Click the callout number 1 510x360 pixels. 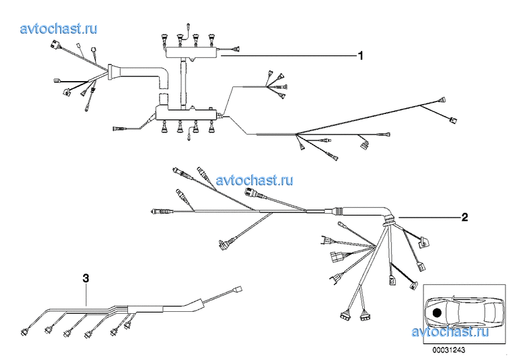click(360, 56)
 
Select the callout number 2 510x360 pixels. click(464, 217)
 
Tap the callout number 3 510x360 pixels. click(86, 278)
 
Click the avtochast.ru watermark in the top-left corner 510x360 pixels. click(59, 28)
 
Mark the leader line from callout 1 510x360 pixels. click(290, 57)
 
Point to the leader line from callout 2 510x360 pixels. click(429, 217)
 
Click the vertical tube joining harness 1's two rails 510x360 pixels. click(184, 82)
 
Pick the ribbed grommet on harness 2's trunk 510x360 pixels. click(340, 212)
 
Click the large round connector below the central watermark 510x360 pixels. click(252, 193)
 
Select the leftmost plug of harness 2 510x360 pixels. click(157, 212)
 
